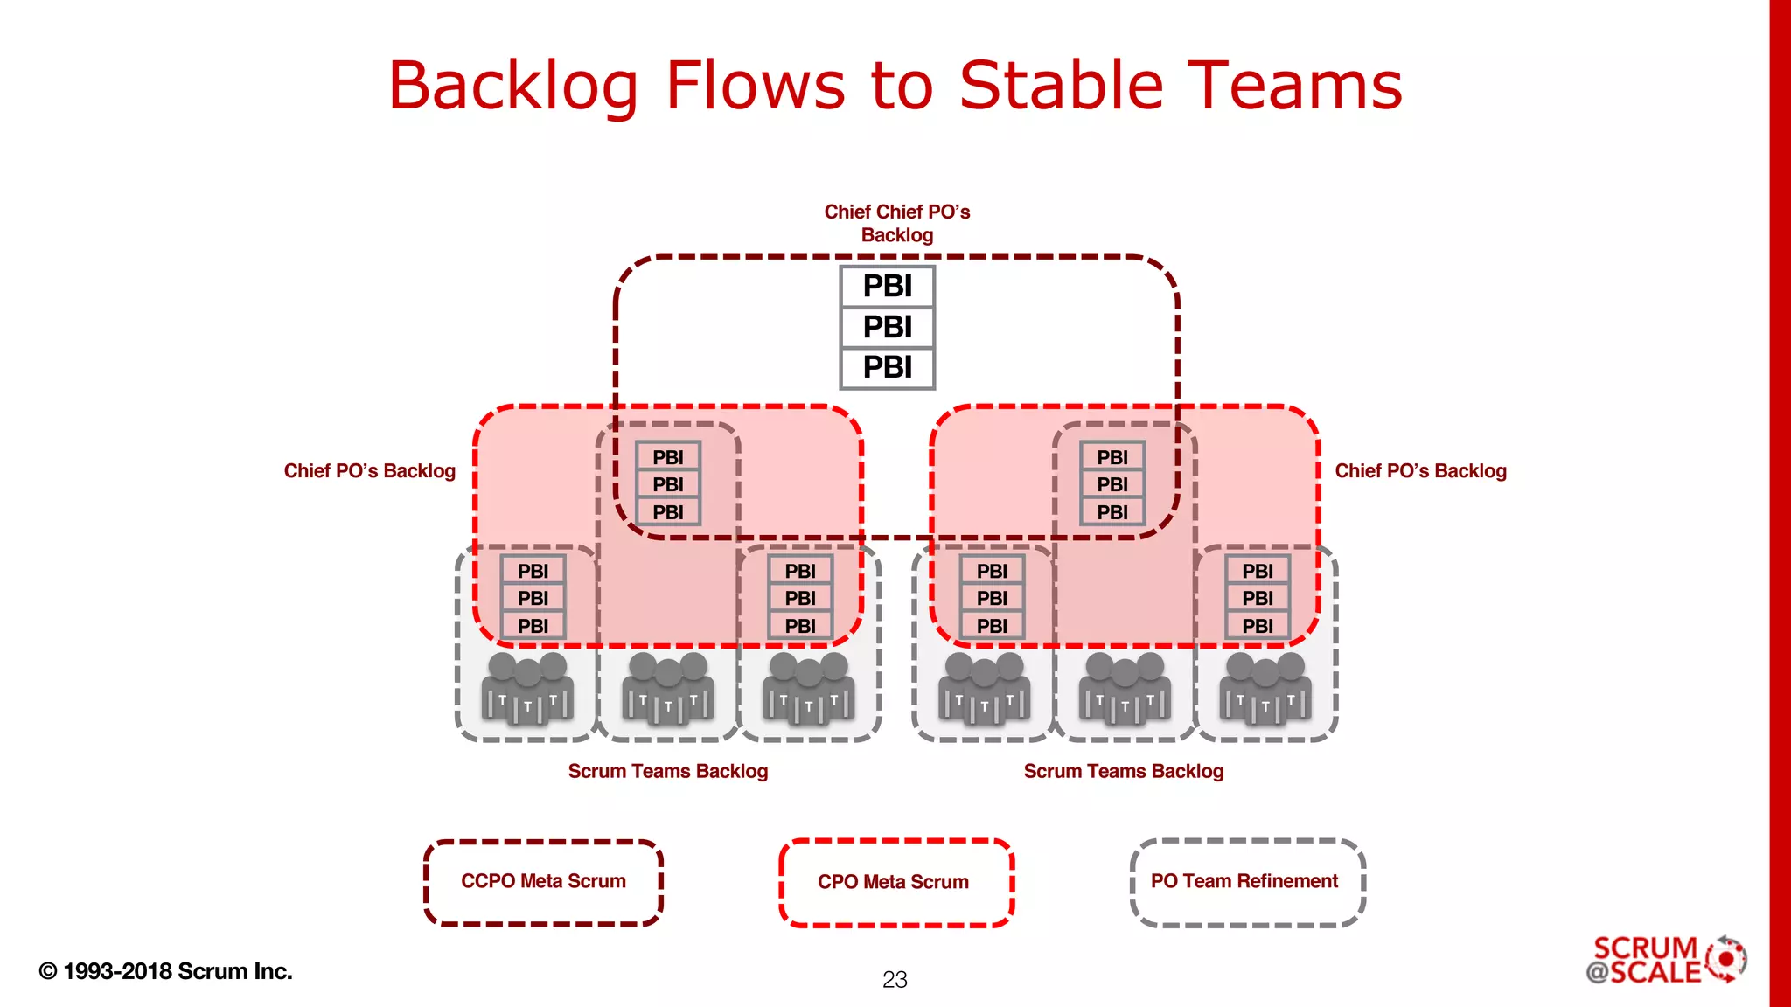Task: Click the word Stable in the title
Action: coord(1063,86)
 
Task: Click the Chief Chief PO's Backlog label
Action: coord(896,223)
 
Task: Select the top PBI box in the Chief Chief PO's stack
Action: coord(887,287)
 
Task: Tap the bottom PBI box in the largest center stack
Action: coord(887,367)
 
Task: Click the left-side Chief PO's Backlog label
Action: coord(369,471)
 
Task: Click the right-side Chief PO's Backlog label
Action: coord(1420,471)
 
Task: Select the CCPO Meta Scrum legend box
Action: coord(543,882)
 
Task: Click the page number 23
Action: coord(895,980)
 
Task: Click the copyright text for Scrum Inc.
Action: coord(166,971)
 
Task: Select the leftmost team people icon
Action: coord(527,689)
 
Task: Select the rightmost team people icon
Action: coord(1265,689)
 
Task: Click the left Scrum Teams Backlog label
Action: coord(667,771)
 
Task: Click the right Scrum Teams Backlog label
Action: coord(1123,771)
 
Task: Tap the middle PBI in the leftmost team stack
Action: coord(533,599)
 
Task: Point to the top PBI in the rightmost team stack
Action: coord(1257,571)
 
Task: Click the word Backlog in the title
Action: coord(513,86)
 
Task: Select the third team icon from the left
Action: coord(808,689)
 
